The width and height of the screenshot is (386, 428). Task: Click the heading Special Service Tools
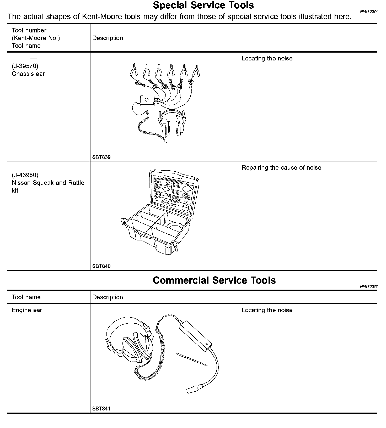(203, 5)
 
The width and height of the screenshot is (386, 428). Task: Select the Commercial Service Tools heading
(214, 280)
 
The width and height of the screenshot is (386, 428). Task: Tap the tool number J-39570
(25, 66)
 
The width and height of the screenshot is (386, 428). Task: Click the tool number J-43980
(25, 175)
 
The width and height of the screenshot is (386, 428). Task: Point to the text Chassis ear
(28, 74)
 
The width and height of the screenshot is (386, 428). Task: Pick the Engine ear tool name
(27, 310)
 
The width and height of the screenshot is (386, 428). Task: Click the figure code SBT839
(101, 157)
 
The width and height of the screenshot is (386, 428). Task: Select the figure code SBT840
(101, 266)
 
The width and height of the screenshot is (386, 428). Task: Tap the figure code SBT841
(101, 409)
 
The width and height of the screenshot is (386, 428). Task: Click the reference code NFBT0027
(369, 11)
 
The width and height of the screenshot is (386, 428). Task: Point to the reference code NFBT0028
(369, 286)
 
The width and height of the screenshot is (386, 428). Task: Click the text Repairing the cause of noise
(281, 168)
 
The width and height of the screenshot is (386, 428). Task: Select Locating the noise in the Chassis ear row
(267, 59)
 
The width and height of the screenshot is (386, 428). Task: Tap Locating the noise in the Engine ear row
(267, 310)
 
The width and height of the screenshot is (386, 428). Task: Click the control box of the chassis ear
(147, 100)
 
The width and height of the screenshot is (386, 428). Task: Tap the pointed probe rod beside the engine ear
(192, 359)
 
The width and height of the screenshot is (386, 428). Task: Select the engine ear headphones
(131, 343)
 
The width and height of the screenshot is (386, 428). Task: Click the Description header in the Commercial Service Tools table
(108, 297)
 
